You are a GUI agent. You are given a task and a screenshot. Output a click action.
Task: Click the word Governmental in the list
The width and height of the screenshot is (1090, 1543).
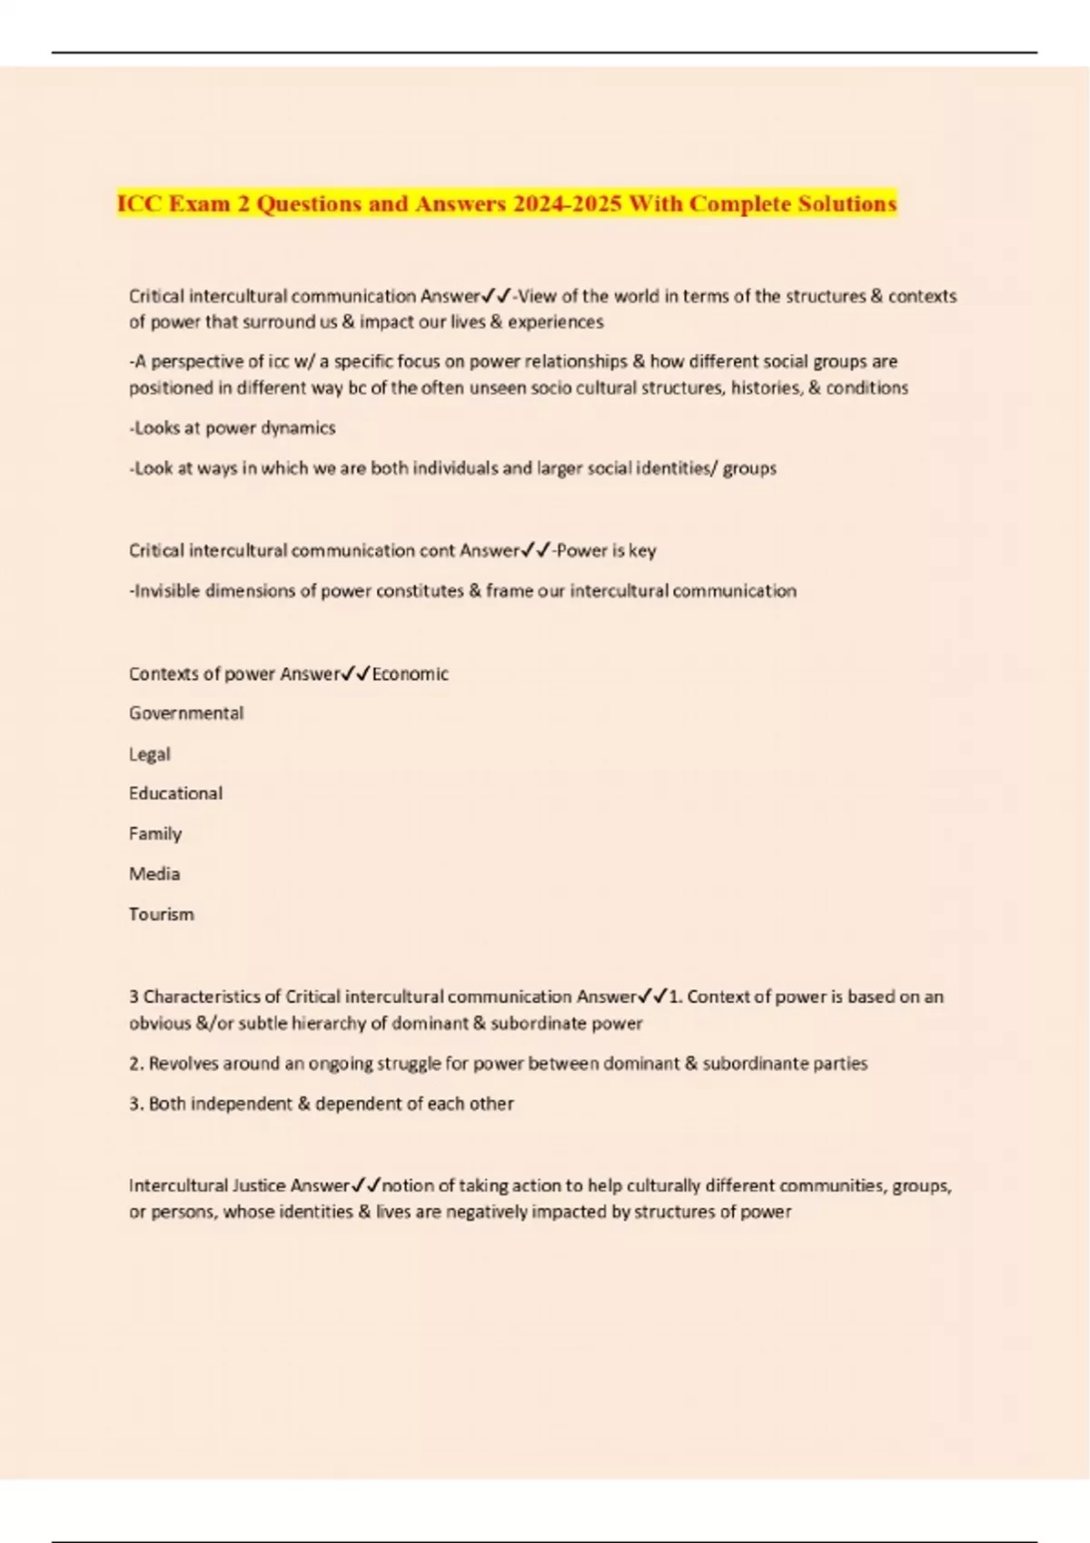186,713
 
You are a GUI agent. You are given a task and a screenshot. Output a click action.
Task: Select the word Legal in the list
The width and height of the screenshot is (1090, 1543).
150,754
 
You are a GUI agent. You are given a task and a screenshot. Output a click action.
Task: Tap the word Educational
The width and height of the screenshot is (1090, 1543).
175,793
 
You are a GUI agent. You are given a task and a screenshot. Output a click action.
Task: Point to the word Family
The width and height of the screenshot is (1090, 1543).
155,833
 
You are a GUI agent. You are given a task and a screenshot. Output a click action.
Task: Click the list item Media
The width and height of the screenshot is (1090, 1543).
154,873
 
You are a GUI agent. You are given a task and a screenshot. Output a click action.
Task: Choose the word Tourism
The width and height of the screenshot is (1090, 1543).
162,914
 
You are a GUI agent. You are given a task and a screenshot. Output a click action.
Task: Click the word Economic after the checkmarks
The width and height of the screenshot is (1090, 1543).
411,673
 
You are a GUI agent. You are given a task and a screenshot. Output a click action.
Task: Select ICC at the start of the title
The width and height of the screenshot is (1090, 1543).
139,203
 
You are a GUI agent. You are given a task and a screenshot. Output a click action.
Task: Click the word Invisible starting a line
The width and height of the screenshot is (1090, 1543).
168,591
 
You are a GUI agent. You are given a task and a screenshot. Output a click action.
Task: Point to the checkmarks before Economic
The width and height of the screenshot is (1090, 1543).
355,673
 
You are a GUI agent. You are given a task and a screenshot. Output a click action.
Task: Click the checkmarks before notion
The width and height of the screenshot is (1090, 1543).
366,1185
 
